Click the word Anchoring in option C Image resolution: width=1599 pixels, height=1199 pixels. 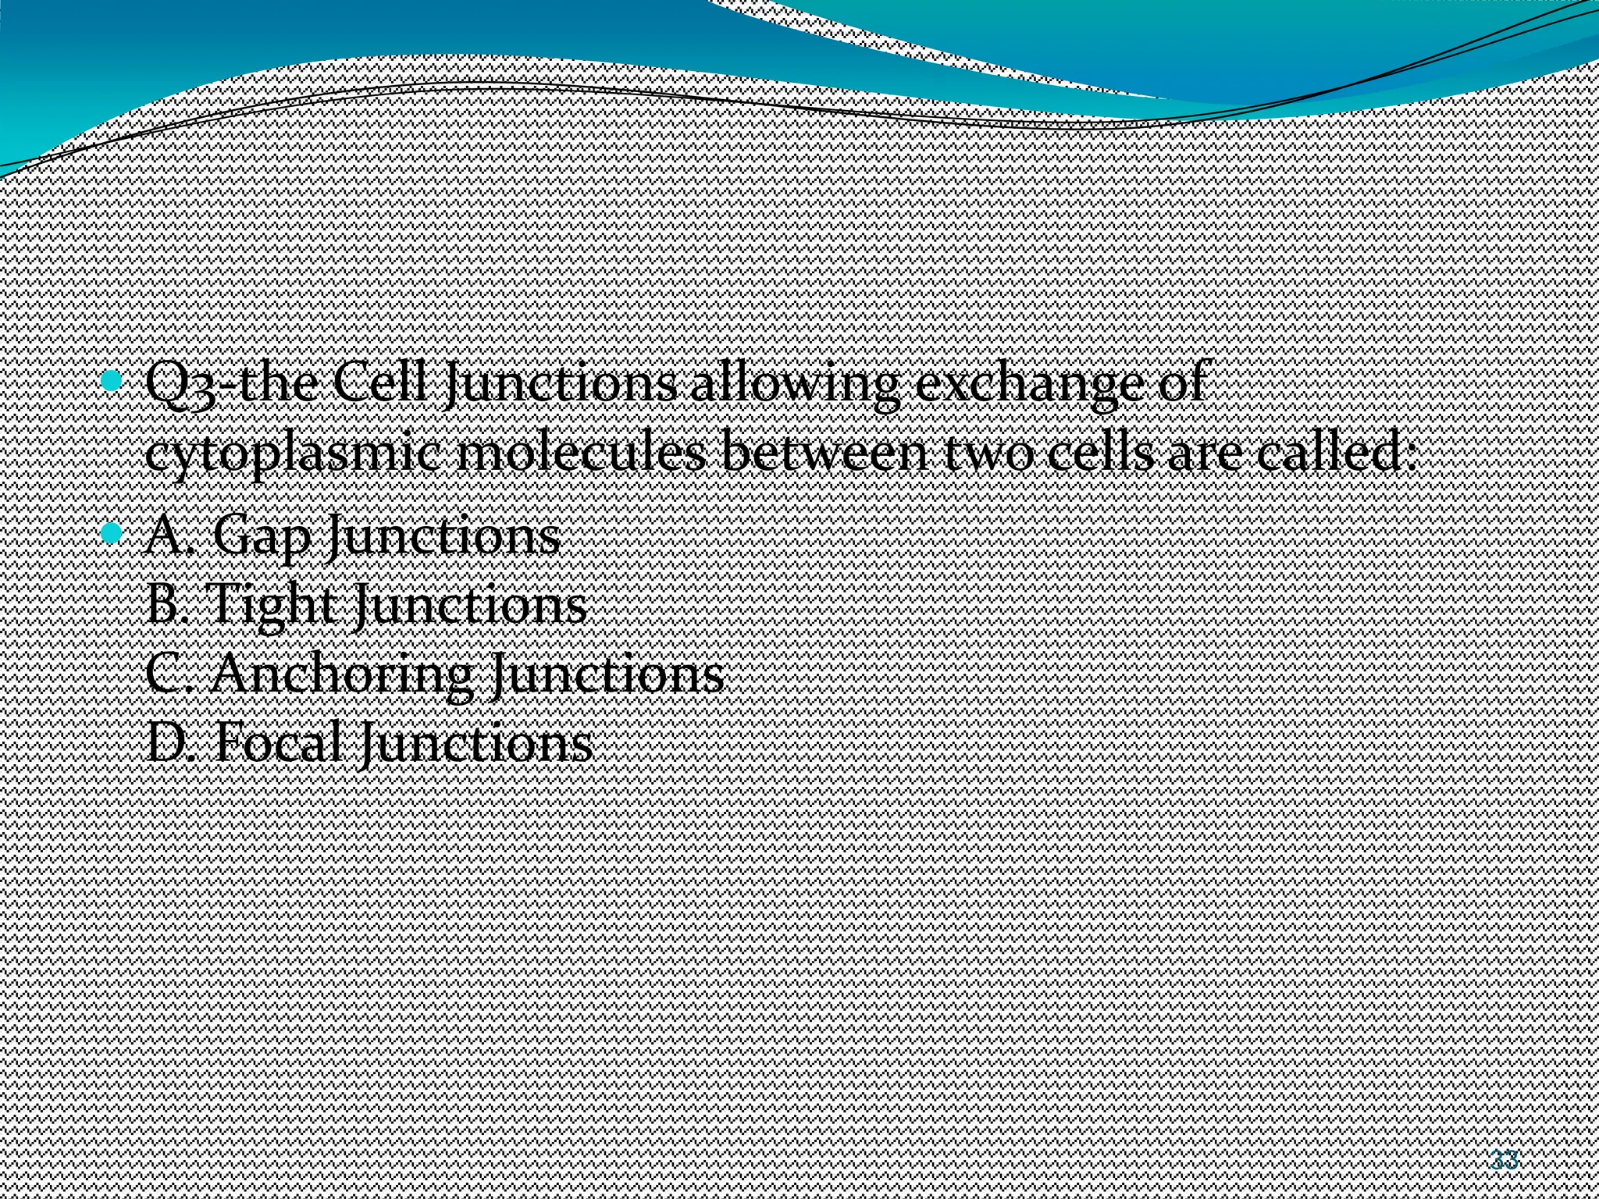point(340,674)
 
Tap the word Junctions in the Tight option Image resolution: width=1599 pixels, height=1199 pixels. point(469,606)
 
